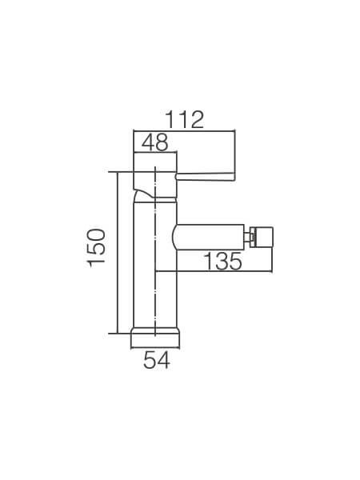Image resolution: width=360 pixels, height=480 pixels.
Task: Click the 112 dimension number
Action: [184, 120]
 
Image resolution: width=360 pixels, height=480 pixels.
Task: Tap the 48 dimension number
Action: [155, 142]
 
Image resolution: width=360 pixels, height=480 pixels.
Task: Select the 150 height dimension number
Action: [96, 248]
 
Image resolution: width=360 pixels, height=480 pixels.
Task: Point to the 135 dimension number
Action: [222, 261]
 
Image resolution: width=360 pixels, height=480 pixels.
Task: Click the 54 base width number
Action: [157, 360]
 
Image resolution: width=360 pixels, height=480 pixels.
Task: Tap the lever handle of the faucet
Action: [206, 176]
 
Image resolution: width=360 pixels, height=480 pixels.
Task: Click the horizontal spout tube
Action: [209, 237]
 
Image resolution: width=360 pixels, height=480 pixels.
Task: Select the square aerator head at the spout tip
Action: [262, 237]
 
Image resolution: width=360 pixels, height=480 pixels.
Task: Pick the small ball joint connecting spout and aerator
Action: [248, 237]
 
